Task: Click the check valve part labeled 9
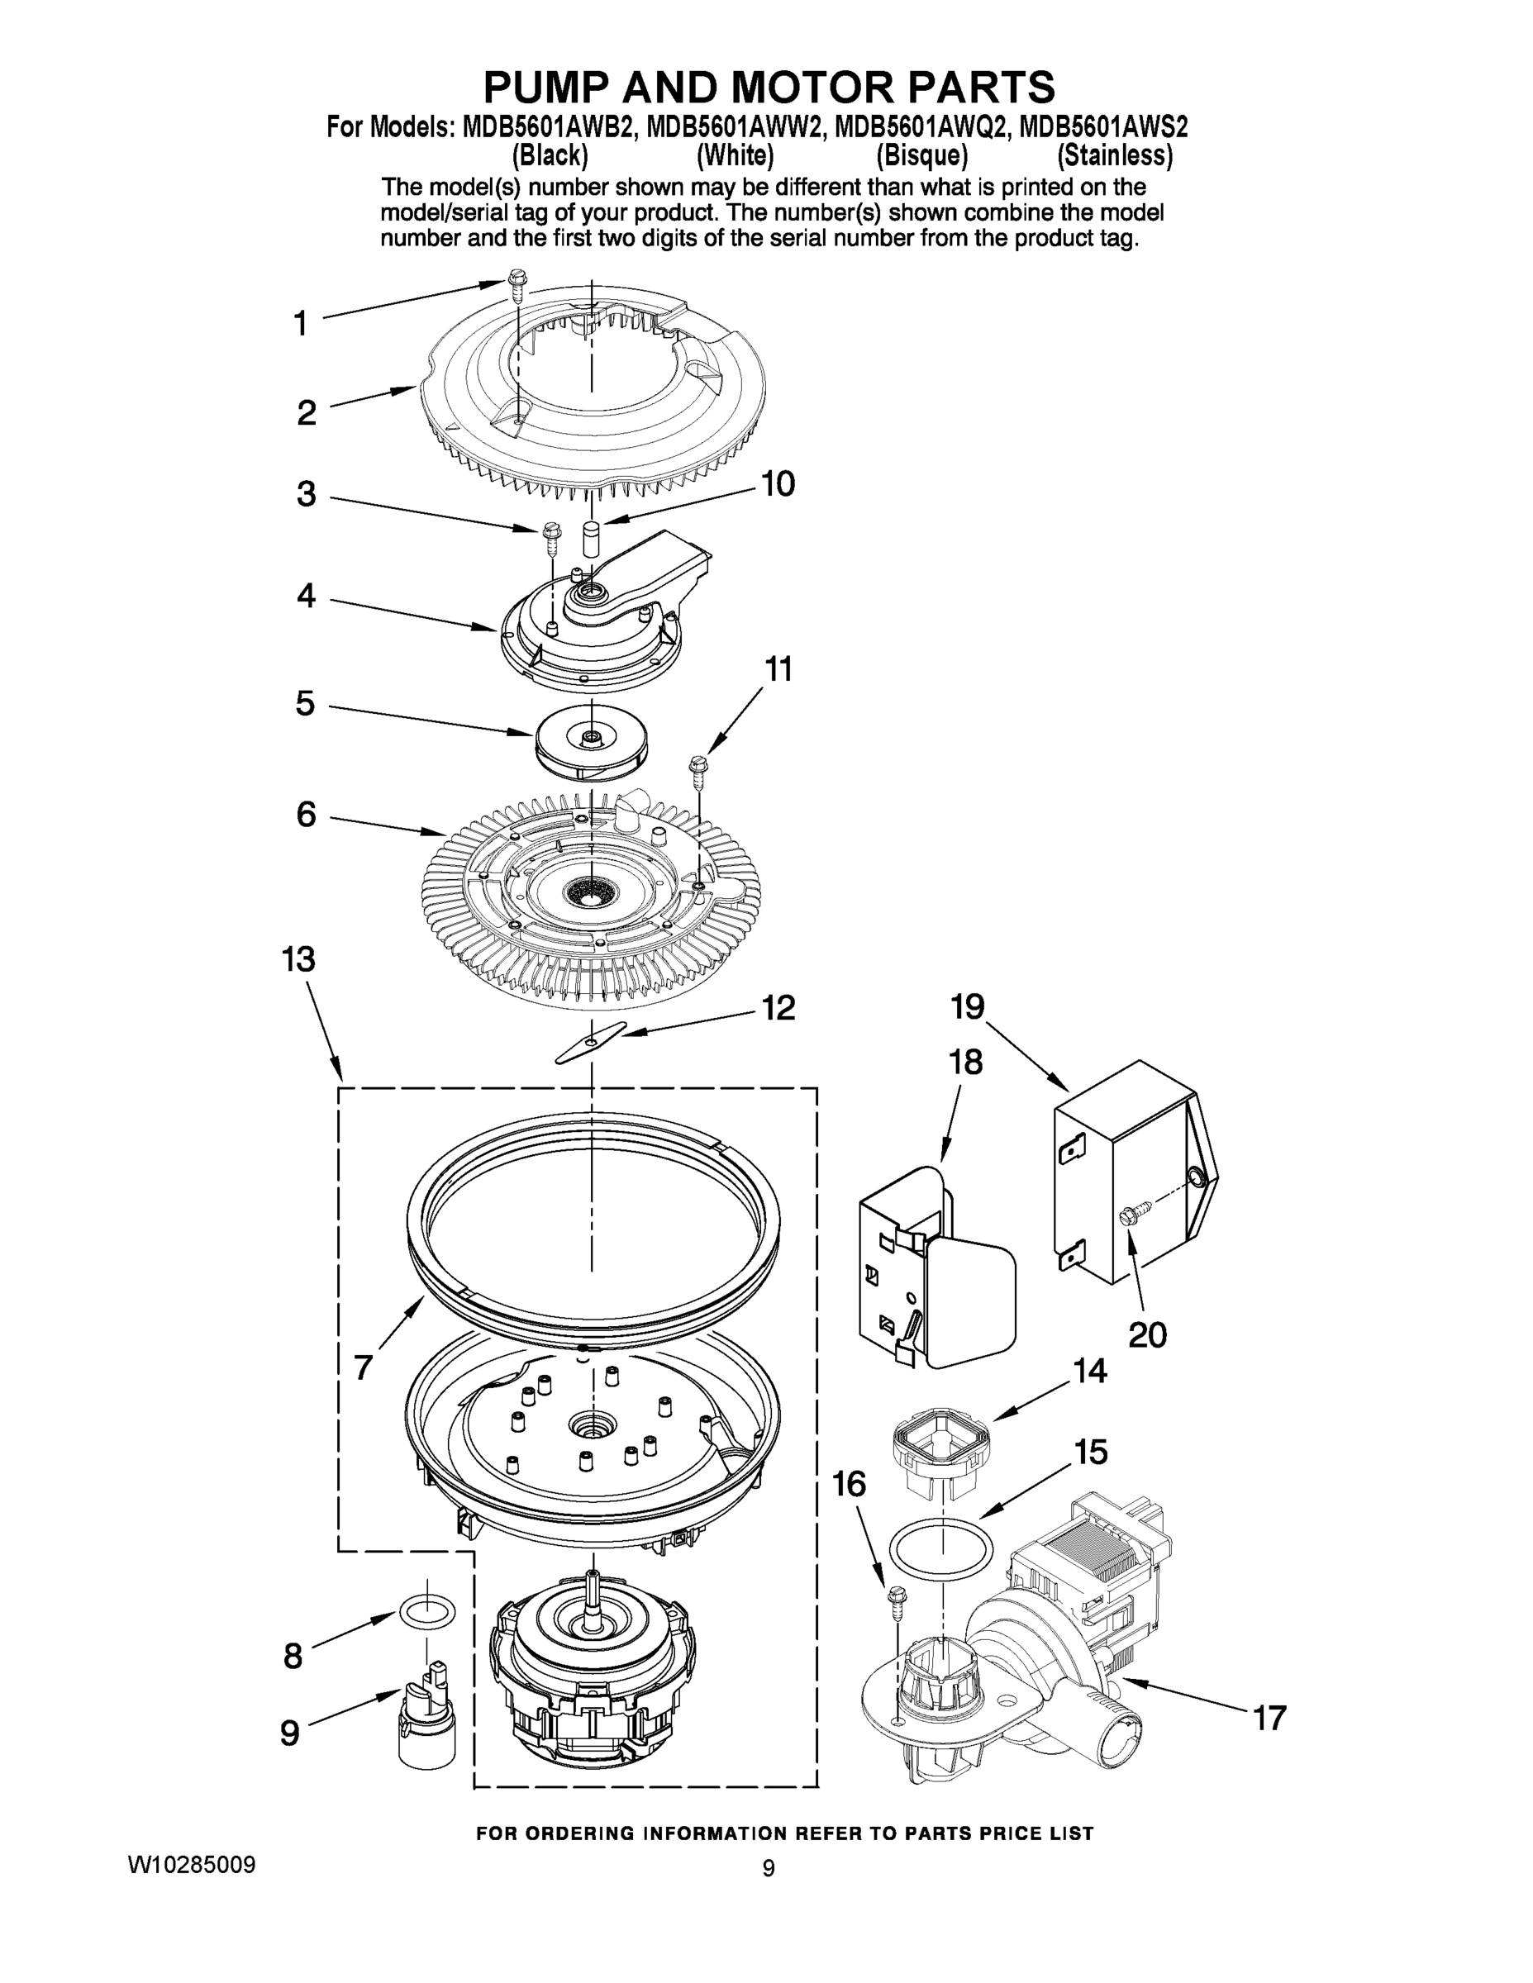click(426, 1719)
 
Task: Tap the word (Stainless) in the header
click(1114, 156)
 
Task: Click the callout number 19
click(967, 1006)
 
